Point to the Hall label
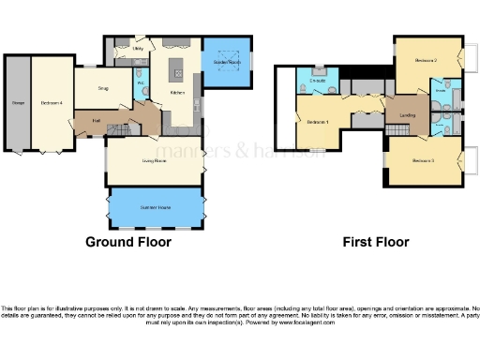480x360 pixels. (97, 120)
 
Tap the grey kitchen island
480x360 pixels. (175, 70)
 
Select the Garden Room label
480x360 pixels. (227, 62)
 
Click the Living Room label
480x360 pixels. (154, 161)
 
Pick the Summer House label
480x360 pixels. (154, 206)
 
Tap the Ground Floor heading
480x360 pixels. (128, 242)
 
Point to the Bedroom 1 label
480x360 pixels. (317, 123)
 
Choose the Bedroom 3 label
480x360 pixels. (424, 160)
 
